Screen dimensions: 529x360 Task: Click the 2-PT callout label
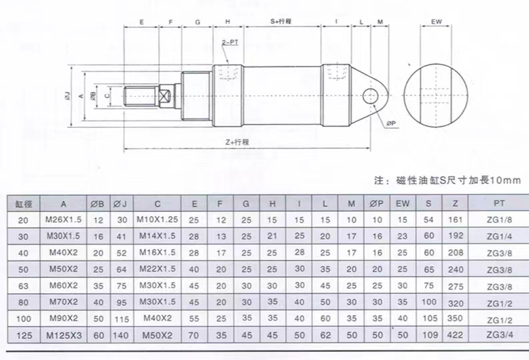click(229, 43)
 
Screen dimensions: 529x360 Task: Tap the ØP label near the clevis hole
click(391, 124)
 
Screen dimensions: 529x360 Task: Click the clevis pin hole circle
click(371, 96)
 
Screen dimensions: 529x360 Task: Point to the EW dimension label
click(436, 21)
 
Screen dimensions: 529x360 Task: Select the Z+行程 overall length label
click(237, 142)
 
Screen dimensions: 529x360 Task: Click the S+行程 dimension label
click(281, 21)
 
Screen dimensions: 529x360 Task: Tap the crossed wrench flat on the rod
click(165, 96)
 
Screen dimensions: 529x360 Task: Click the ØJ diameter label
click(67, 96)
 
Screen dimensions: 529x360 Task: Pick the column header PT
click(499, 203)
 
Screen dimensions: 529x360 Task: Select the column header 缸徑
click(23, 204)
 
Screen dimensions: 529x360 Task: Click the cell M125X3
click(64, 335)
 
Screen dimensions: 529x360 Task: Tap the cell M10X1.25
click(157, 219)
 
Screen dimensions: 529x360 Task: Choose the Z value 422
click(456, 335)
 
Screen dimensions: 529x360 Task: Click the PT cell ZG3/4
click(500, 335)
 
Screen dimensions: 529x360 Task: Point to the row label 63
click(23, 286)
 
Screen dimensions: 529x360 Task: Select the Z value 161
click(456, 220)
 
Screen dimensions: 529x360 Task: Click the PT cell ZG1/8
click(500, 220)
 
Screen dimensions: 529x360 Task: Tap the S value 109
click(430, 335)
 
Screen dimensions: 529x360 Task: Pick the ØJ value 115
click(121, 319)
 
